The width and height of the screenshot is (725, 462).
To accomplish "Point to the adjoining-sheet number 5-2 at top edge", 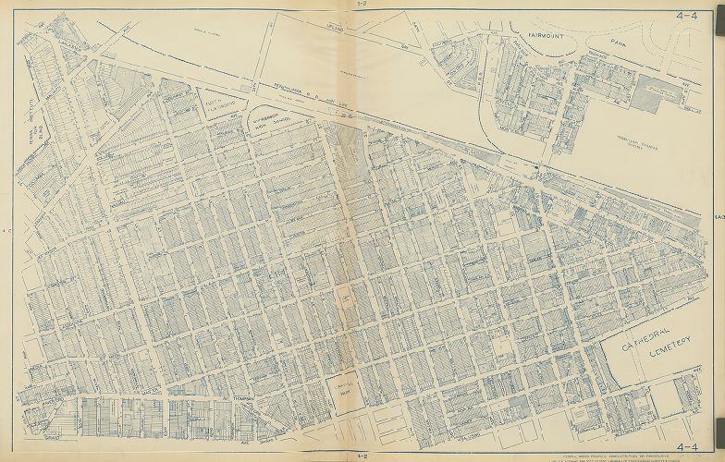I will coord(362,6).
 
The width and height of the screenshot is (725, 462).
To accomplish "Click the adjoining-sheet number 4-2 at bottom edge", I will coord(362,456).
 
